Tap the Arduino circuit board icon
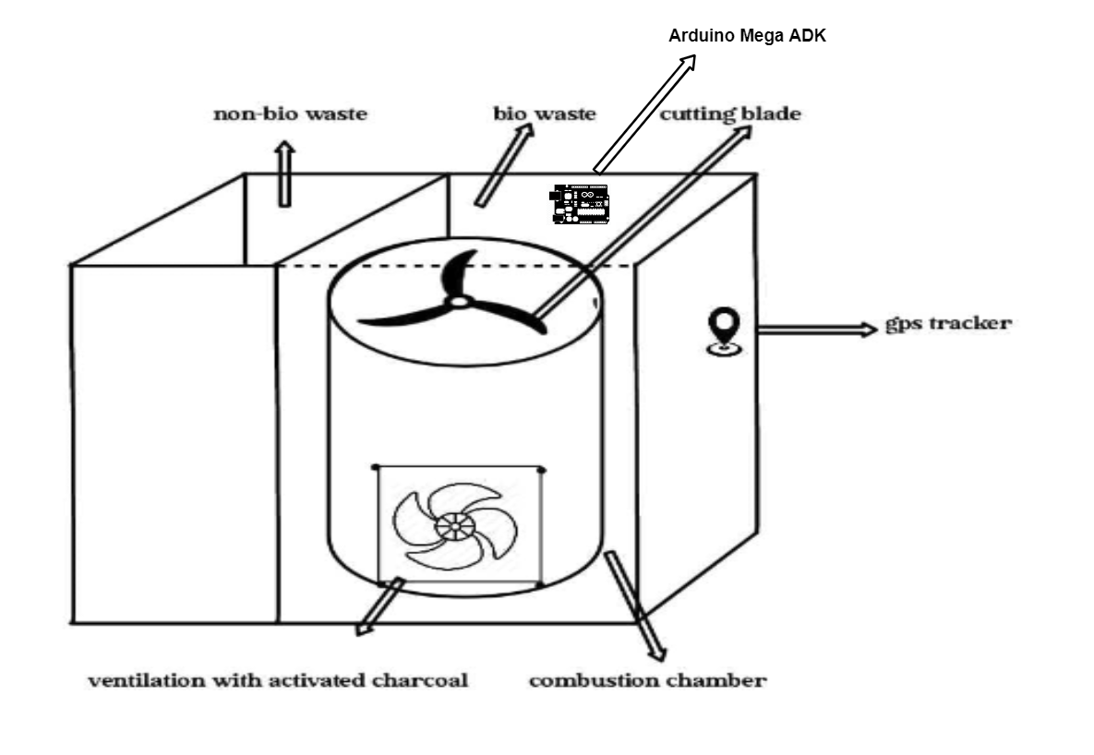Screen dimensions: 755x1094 click(579, 203)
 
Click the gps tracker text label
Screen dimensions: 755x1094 click(948, 324)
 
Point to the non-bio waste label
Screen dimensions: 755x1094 click(290, 114)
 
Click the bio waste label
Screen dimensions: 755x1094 click(544, 114)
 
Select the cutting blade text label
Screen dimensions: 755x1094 click(729, 114)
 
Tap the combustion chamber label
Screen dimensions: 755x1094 click(647, 681)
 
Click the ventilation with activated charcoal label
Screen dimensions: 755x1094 click(278, 681)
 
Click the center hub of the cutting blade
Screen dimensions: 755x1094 click(459, 302)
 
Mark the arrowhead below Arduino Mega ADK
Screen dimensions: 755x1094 click(689, 62)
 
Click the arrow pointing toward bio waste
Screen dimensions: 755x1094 click(504, 166)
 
